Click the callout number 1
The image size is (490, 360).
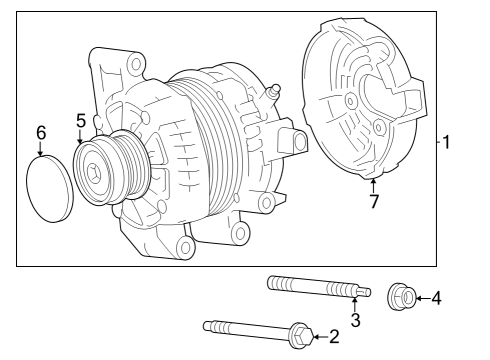(x=447, y=142)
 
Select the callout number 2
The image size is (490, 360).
(x=334, y=337)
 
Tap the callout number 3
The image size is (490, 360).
(x=355, y=319)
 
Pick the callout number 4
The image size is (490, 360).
(x=436, y=297)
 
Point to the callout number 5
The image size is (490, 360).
(x=80, y=121)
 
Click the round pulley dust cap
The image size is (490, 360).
(x=45, y=189)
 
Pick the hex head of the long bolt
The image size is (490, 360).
(x=298, y=335)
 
